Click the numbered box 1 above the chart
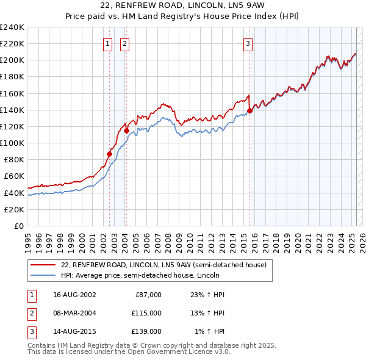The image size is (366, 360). (107, 43)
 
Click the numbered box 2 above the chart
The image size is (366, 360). (124, 43)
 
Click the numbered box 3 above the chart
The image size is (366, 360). (248, 43)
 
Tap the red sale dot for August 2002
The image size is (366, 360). (110, 154)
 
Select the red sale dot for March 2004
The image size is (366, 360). (126, 131)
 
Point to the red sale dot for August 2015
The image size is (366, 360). (250, 110)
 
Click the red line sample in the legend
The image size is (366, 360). (43, 265)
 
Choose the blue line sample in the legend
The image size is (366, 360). (43, 276)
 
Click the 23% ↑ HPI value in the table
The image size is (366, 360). (207, 295)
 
